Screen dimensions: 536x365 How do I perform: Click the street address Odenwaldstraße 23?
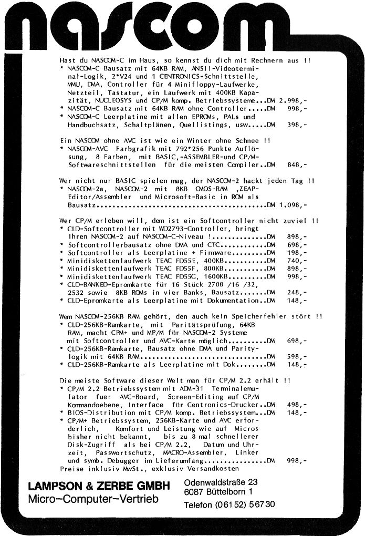(x=221, y=482)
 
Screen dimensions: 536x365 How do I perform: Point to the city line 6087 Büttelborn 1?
(x=218, y=492)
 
